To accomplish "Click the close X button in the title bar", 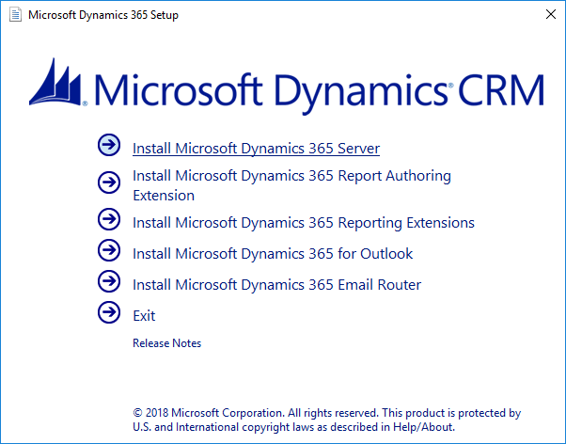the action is pyautogui.click(x=550, y=14).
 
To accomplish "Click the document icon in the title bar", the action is pyautogui.click(x=15, y=15).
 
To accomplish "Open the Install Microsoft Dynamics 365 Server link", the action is pyautogui.click(x=256, y=149).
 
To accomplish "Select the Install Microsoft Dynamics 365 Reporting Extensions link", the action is pyautogui.click(x=303, y=223).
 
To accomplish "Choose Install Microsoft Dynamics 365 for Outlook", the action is pyautogui.click(x=273, y=254).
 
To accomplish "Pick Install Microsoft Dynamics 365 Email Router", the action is pyautogui.click(x=276, y=285).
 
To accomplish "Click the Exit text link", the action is pyautogui.click(x=144, y=316).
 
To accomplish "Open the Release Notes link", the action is pyautogui.click(x=166, y=342).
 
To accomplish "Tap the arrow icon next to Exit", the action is pyautogui.click(x=109, y=312).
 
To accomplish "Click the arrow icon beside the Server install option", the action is pyautogui.click(x=109, y=145).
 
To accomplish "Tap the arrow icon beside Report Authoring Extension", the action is pyautogui.click(x=109, y=182).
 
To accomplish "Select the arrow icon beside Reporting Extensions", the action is pyautogui.click(x=109, y=219).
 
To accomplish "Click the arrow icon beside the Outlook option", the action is pyautogui.click(x=109, y=250).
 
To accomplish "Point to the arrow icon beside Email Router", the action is pyautogui.click(x=109, y=281).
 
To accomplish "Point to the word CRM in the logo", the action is pyautogui.click(x=501, y=89).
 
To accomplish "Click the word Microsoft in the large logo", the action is pyautogui.click(x=179, y=89).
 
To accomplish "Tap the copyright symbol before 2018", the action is pyautogui.click(x=137, y=413).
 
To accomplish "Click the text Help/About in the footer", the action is pyautogui.click(x=424, y=427).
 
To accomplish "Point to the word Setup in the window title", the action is pyautogui.click(x=165, y=15).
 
